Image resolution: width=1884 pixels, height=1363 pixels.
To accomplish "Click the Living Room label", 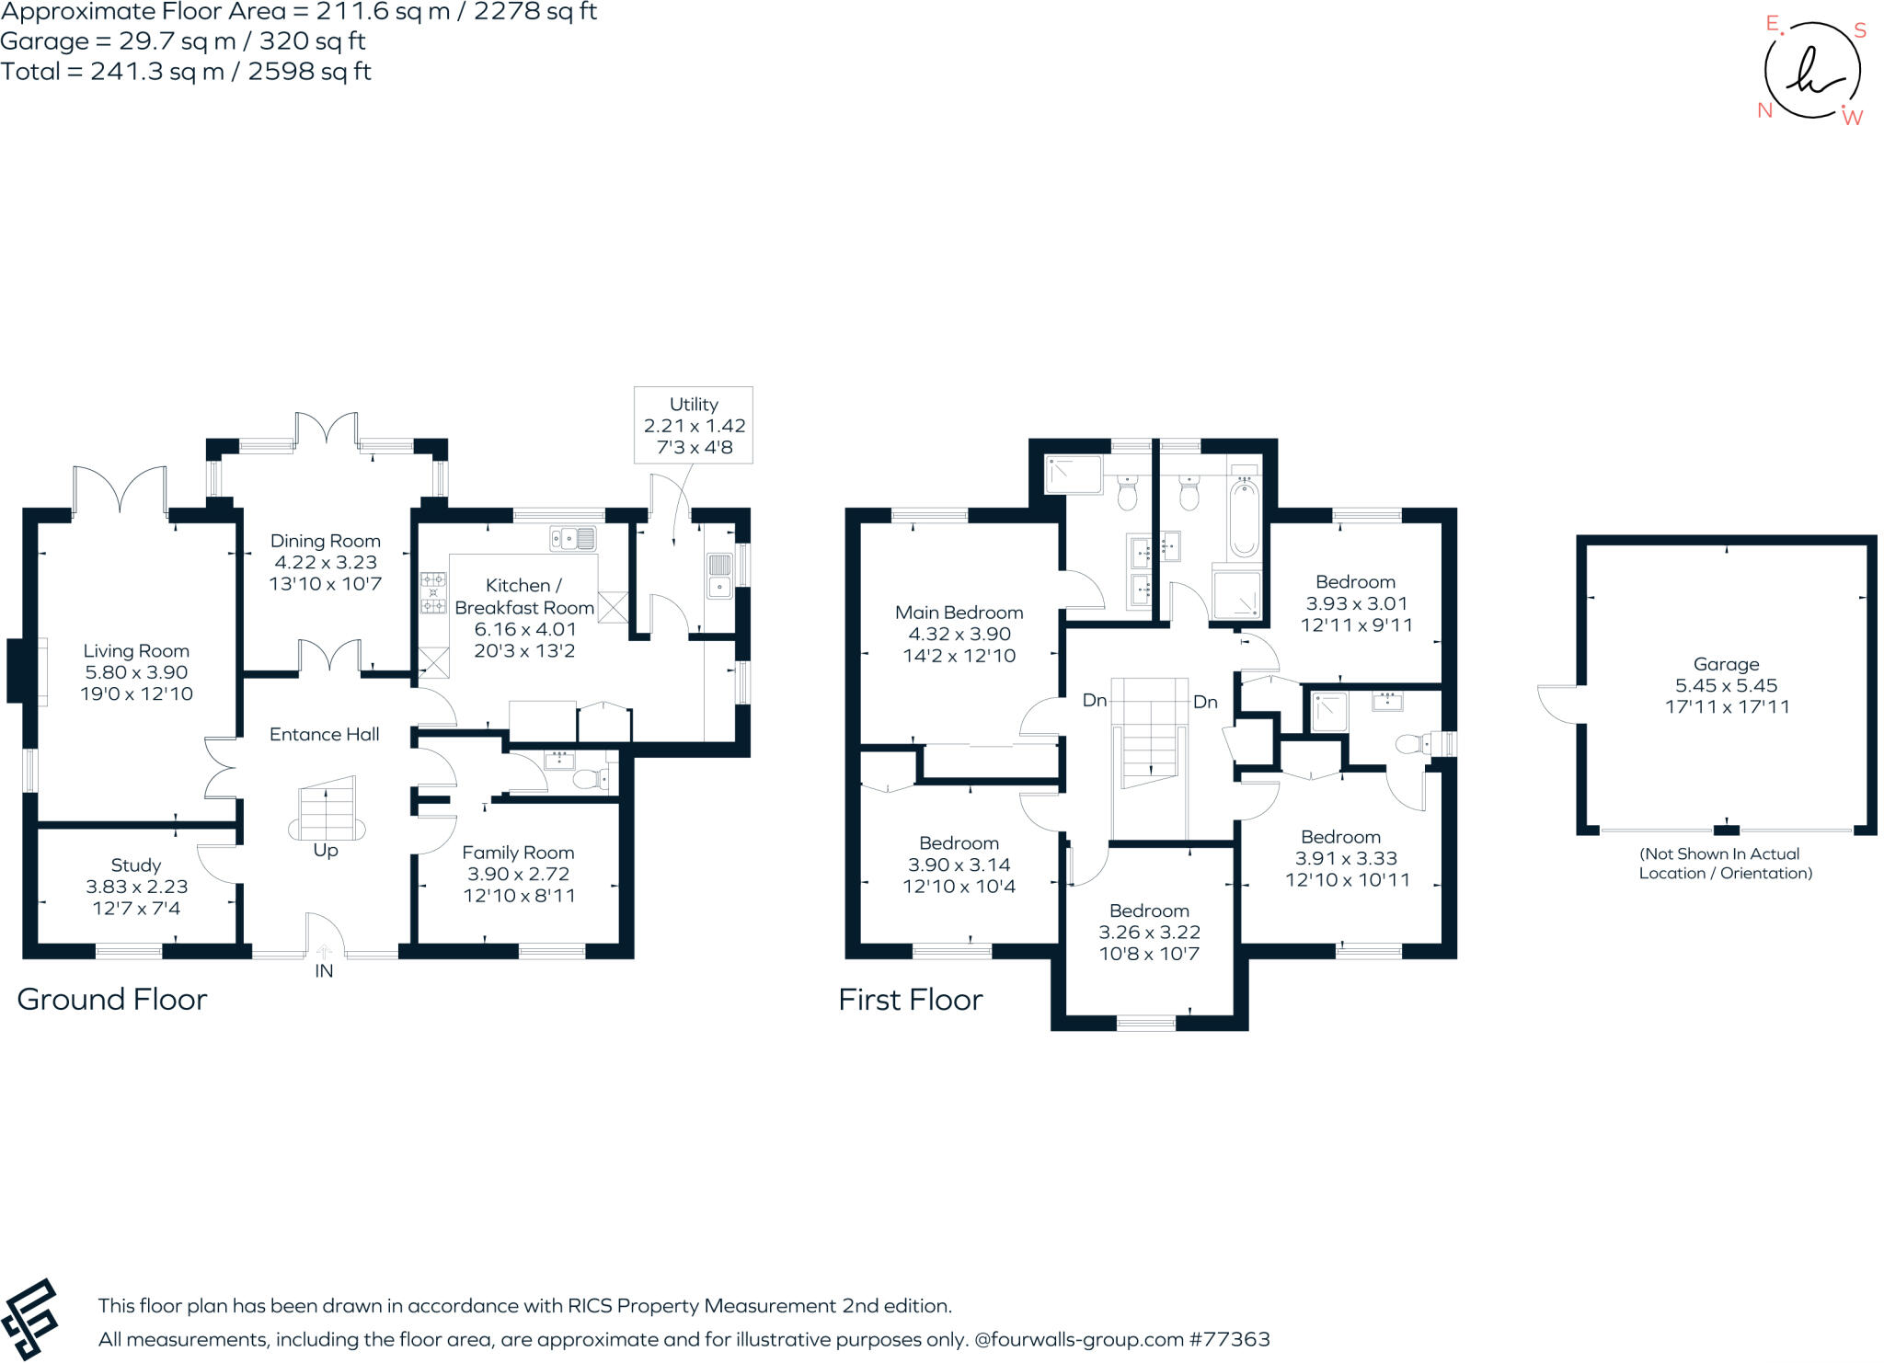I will (x=136, y=651).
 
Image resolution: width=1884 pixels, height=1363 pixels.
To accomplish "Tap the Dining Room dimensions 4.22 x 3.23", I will (x=326, y=562).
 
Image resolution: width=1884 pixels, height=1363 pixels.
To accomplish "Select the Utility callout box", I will (x=694, y=425).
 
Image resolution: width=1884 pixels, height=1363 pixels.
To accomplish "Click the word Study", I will (x=136, y=865).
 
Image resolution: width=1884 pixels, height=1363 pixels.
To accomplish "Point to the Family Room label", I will (x=518, y=853).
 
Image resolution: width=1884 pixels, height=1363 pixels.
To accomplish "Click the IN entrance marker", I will (x=324, y=970).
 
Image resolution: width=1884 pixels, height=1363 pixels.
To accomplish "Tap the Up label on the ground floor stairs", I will (x=326, y=850).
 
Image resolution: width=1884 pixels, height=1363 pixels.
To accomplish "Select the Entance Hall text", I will (x=324, y=734).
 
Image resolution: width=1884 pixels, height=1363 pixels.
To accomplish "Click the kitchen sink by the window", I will (x=573, y=538).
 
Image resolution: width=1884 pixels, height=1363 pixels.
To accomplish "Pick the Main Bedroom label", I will (x=959, y=613).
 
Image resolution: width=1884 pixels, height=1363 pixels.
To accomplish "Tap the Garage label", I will (x=1726, y=664).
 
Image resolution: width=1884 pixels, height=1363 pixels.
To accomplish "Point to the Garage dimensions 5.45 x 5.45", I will (x=1726, y=685).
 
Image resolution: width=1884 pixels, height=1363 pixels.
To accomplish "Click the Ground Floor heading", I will (x=112, y=999).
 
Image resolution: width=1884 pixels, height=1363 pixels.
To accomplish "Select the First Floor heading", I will (x=910, y=1000).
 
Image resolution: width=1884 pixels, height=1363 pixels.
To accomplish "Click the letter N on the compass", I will (x=1764, y=110).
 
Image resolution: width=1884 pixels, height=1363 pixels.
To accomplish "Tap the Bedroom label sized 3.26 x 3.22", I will (x=1149, y=911).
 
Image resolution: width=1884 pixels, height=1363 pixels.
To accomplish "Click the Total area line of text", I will (x=186, y=72).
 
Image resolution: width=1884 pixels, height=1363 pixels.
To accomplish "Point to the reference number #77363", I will (x=1229, y=1339).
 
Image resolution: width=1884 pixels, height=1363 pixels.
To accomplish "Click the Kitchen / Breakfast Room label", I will (x=523, y=596).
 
